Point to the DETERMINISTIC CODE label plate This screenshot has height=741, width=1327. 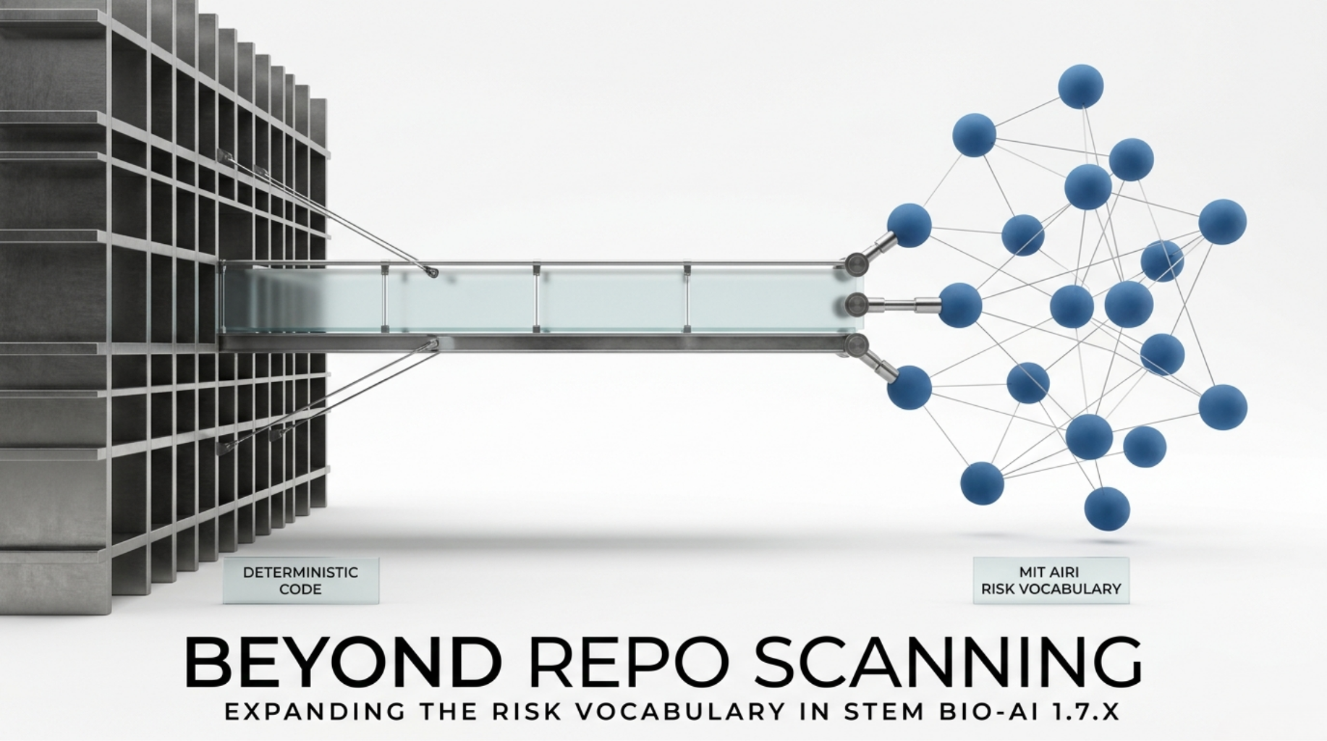click(x=300, y=580)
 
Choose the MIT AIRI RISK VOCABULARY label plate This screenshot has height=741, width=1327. click(x=1051, y=580)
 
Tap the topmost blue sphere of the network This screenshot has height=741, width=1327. click(x=1080, y=86)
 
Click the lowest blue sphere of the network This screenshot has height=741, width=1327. click(x=1107, y=509)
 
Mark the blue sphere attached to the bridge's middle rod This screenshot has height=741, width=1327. click(x=960, y=305)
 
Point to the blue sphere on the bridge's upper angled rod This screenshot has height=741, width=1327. click(x=909, y=225)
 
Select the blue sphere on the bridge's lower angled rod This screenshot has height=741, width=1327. click(x=909, y=387)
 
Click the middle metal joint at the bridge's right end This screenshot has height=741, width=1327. click(x=856, y=304)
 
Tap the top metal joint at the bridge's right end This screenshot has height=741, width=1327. click(x=857, y=264)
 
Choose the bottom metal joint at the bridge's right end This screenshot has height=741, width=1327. click(x=856, y=344)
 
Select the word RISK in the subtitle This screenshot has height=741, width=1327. click(x=526, y=711)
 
